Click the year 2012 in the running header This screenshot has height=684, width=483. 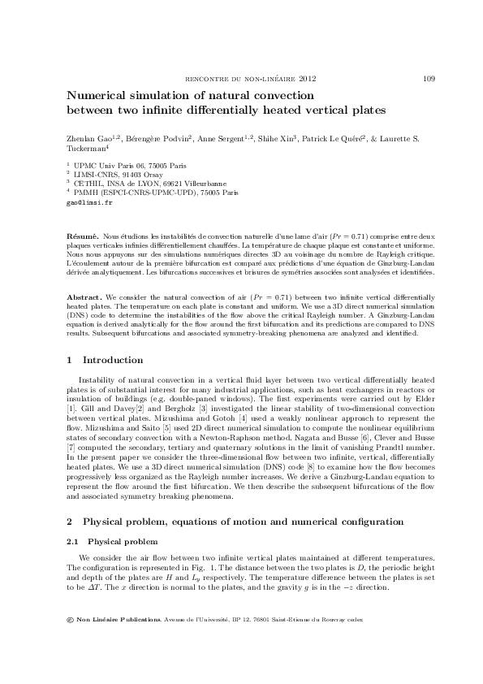tap(308, 79)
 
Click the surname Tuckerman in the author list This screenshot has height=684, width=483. tap(87, 149)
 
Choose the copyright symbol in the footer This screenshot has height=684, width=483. tap(70, 620)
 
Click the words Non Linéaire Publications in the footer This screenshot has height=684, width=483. tap(118, 620)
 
